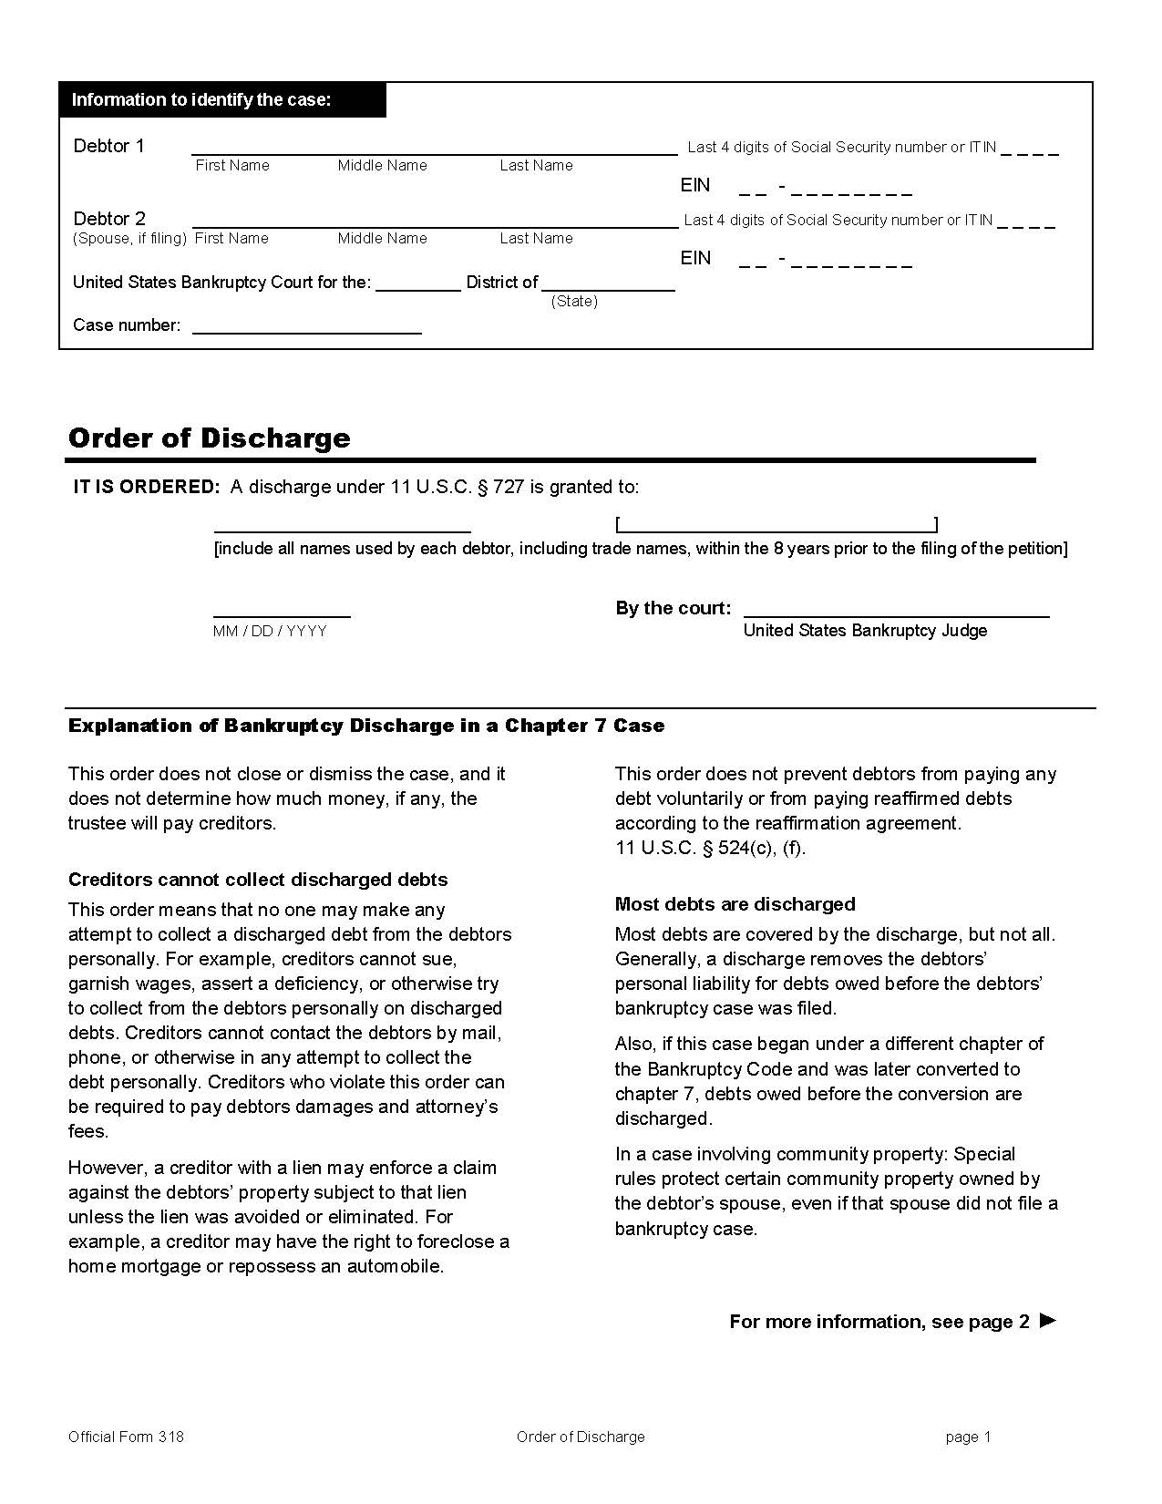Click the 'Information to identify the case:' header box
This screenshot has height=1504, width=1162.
point(222,99)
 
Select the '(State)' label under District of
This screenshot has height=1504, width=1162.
point(574,302)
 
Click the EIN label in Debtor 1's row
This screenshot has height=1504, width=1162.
point(695,185)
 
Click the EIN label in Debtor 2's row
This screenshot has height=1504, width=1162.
point(695,258)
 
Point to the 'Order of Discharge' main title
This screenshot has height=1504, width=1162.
point(209,438)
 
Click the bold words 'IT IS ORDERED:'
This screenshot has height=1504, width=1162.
point(147,487)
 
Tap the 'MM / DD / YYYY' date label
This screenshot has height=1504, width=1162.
point(270,631)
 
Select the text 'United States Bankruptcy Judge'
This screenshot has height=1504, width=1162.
point(865,631)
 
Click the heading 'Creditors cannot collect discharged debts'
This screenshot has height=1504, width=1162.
point(258,880)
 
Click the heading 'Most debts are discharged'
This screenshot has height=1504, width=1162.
point(735,904)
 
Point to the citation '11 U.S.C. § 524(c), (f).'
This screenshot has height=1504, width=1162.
point(710,848)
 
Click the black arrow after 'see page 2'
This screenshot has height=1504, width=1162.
point(1048,1320)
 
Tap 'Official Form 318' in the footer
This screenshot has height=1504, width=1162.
point(126,1437)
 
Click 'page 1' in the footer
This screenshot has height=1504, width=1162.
point(968,1437)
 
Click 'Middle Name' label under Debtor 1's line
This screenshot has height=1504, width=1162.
point(382,166)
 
